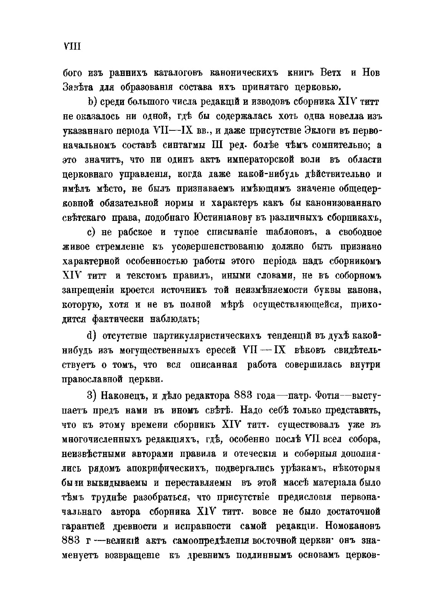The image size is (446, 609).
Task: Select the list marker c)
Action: tap(92, 233)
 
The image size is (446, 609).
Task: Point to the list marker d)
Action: tap(92, 336)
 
